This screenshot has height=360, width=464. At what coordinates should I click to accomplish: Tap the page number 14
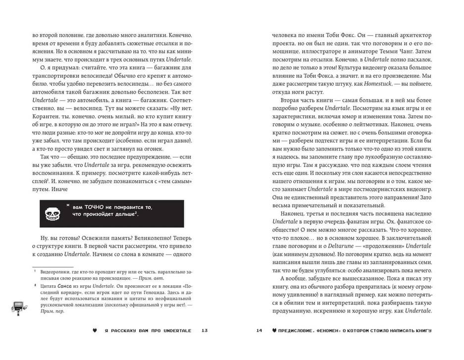click(259, 331)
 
